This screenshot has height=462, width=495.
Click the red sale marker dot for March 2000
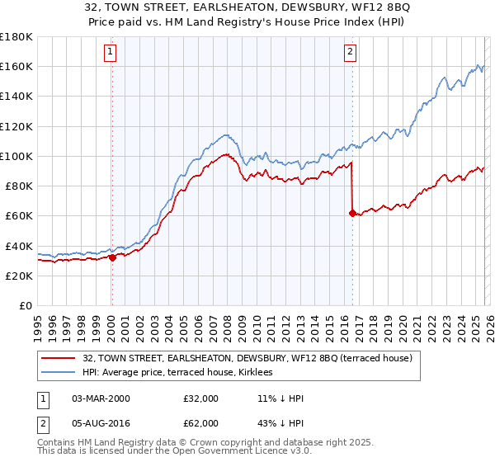(x=112, y=257)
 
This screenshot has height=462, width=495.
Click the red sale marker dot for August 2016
(x=352, y=213)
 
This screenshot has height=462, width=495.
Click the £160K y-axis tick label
(x=16, y=66)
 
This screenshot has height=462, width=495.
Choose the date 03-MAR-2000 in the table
(x=101, y=398)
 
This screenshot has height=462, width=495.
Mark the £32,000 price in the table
(x=201, y=398)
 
